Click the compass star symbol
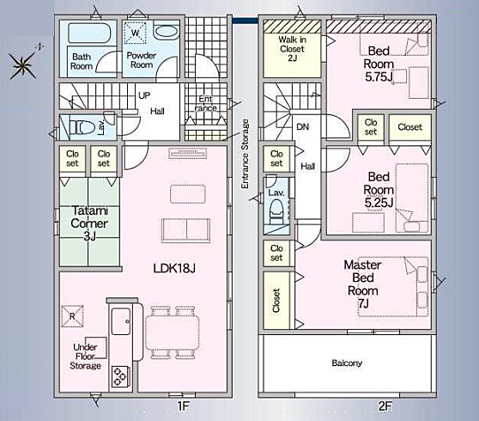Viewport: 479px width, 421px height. [x=23, y=65]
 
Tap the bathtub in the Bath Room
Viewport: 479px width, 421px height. [x=89, y=34]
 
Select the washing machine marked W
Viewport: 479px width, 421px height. [x=135, y=33]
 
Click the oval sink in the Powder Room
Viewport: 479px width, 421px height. [x=166, y=32]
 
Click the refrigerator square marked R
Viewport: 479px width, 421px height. [x=72, y=316]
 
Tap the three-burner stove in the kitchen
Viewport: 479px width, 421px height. [x=121, y=376]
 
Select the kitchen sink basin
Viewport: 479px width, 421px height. [x=121, y=321]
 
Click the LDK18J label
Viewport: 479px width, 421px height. [x=174, y=268]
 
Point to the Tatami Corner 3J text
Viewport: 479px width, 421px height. [x=89, y=223]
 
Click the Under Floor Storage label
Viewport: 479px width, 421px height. [x=85, y=357]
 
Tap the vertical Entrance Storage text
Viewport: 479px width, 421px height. [x=245, y=154]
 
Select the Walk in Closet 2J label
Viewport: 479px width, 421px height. [x=293, y=49]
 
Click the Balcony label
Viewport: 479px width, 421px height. [x=347, y=363]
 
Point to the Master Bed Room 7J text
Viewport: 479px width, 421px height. [x=363, y=284]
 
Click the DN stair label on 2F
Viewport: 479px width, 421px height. [x=303, y=126]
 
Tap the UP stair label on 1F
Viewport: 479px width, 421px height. [x=144, y=95]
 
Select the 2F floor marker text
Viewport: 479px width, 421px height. [x=385, y=406]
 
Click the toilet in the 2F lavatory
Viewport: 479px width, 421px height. [x=277, y=211]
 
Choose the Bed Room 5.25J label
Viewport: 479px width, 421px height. [x=379, y=190]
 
